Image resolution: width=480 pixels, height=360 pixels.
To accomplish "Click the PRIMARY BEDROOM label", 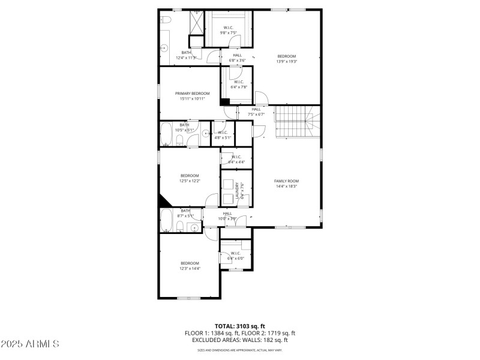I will (193, 93).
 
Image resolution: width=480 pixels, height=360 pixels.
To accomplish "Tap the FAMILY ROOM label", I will (286, 181).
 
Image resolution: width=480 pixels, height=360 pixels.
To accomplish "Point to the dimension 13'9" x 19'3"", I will (286, 61).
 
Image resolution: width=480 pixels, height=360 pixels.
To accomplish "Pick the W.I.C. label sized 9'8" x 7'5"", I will (229, 28).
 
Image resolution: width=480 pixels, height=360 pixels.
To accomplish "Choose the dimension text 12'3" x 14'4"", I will (190, 268).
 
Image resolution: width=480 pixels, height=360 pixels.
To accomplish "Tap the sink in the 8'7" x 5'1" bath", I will (193, 227).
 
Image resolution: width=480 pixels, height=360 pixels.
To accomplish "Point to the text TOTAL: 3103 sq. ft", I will (239, 326).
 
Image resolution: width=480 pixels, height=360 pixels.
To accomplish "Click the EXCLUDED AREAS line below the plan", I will (239, 340).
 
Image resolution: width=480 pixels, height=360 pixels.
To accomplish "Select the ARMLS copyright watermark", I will (30, 344).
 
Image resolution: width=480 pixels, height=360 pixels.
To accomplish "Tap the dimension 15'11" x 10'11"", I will (192, 99).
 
